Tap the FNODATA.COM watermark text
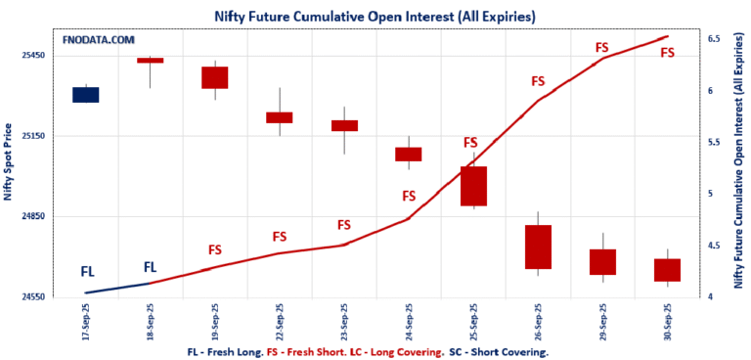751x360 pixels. pos(98,40)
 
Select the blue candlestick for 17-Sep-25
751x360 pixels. pos(85,94)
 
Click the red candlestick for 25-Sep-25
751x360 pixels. pos(473,186)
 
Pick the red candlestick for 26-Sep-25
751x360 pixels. pos(538,247)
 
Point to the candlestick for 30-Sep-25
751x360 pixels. pos(667,270)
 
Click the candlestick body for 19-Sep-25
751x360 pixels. pos(214,77)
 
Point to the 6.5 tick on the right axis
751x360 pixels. pos(713,39)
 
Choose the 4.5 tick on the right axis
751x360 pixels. pos(713,246)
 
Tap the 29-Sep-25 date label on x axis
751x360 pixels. pos(602,319)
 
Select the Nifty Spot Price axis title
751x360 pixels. pos(9,161)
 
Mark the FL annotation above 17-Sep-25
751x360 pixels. pos(87,272)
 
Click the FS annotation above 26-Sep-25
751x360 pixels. pos(537,81)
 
